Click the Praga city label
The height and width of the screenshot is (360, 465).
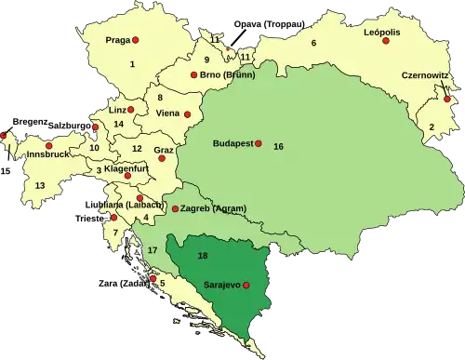117,40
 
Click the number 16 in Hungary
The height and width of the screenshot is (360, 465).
278,147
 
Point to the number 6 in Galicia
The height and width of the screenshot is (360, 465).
313,44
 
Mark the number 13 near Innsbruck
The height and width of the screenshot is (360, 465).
40,186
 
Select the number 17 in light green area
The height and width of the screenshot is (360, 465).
152,250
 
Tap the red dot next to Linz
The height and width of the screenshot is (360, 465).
131,110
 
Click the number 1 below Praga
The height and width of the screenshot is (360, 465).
132,63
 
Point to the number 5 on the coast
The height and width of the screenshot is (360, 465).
162,283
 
